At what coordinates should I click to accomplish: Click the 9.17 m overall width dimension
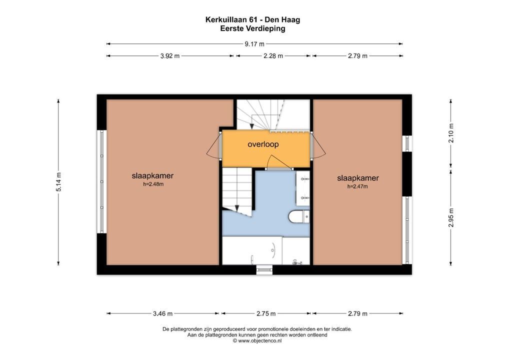tap(254, 44)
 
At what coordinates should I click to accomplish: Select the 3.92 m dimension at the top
tap(169, 56)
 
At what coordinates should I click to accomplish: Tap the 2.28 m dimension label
tap(273, 56)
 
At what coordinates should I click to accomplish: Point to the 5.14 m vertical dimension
tap(58, 182)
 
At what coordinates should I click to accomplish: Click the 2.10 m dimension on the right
tap(451, 133)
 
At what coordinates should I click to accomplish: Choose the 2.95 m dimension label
tap(451, 217)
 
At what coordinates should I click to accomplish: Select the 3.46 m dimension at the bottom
tap(162, 314)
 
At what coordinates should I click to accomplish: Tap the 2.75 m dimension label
tap(265, 314)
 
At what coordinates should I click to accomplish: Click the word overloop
tap(262, 144)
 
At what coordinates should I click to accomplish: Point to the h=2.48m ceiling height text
tap(152, 184)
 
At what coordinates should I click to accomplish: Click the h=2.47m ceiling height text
tap(357, 186)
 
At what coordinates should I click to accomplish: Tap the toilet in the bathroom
tap(299, 216)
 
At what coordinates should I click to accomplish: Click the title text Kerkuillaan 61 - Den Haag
tap(252, 20)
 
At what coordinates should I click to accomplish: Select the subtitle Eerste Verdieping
tap(252, 28)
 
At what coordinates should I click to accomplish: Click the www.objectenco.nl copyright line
tap(257, 340)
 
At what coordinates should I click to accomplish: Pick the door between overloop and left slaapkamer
tap(214, 146)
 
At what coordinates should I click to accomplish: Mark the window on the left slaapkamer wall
tap(102, 181)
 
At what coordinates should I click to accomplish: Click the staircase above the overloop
tap(260, 114)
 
